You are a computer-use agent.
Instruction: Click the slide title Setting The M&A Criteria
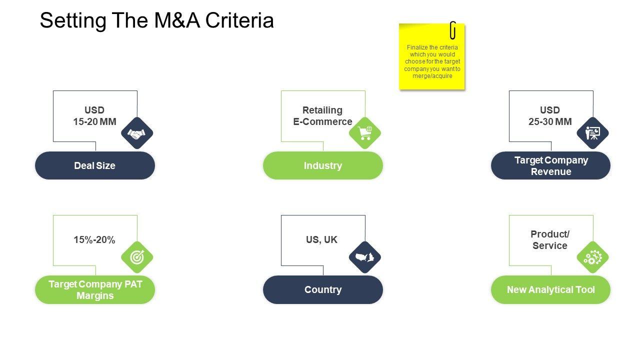tap(156, 21)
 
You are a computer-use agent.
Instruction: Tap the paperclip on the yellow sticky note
tap(453, 30)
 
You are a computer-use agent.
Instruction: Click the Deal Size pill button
tap(95, 165)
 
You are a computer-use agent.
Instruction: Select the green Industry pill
tap(323, 165)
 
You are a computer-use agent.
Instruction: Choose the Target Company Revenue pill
tap(550, 165)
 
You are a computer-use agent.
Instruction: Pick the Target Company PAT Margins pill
tap(95, 290)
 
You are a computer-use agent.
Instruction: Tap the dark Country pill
tap(323, 290)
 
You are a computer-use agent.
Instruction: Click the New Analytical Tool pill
tap(550, 290)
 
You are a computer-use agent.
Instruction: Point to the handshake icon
tap(137, 133)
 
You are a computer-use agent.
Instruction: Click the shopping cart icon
tap(365, 133)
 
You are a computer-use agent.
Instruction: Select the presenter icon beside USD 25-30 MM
tap(592, 133)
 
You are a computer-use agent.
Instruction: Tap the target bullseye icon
tap(137, 257)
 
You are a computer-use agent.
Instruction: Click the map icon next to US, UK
tap(365, 257)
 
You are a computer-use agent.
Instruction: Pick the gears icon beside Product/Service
tap(592, 257)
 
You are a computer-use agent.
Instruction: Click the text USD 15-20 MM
tap(94, 116)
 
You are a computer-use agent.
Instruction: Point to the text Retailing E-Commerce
tap(322, 116)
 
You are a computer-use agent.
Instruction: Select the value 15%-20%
tap(94, 240)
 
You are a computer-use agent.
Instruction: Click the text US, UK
tap(321, 240)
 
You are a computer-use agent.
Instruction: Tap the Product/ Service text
tap(550, 240)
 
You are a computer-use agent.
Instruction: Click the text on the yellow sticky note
tap(432, 62)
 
